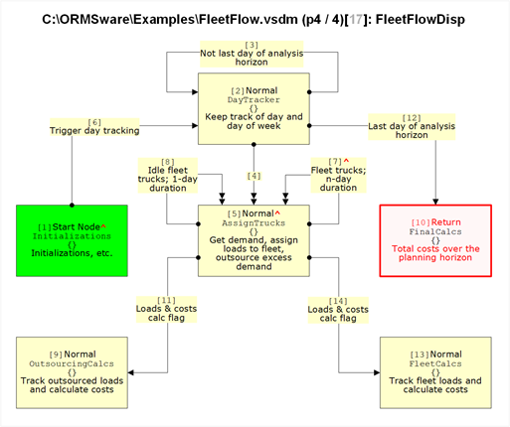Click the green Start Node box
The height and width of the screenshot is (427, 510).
(72, 240)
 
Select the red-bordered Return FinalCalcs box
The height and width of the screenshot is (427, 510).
(435, 240)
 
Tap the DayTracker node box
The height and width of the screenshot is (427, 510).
(254, 108)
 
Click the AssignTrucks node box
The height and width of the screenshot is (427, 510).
(254, 240)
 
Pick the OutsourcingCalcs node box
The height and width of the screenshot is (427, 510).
(72, 372)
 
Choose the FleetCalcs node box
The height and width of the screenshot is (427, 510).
(435, 372)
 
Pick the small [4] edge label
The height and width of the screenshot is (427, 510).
(254, 176)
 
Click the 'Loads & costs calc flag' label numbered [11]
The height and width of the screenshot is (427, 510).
(166, 310)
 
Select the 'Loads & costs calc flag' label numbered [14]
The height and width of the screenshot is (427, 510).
(338, 310)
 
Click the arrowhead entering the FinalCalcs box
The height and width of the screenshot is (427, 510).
(435, 202)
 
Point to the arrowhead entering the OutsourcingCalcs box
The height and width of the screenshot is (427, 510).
(131, 372)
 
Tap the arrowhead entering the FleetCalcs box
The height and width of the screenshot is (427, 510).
(377, 372)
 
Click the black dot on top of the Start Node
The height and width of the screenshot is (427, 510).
(72, 205)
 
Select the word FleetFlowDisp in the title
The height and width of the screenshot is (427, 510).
(421, 20)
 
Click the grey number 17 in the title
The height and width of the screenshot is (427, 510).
(356, 20)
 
